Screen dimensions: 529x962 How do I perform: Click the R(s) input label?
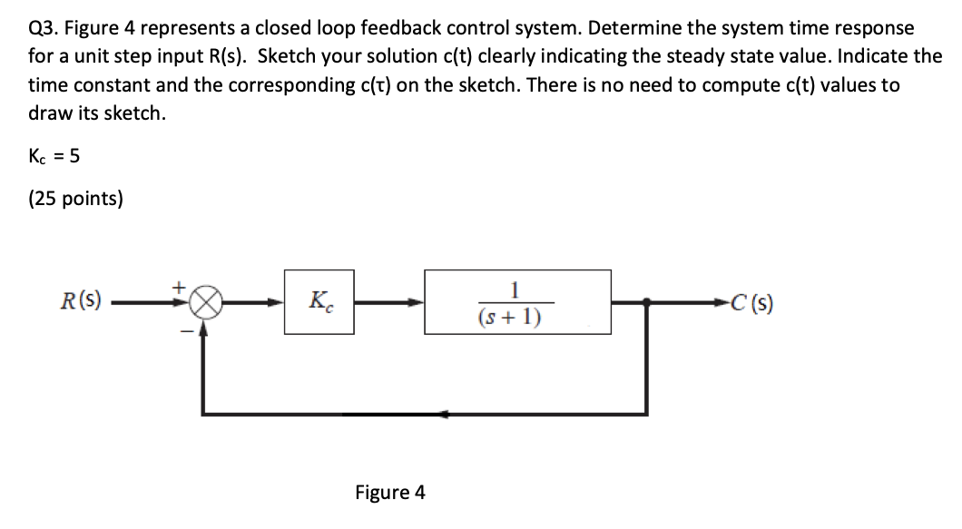click(x=80, y=298)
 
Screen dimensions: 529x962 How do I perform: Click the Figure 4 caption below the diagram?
click(x=389, y=493)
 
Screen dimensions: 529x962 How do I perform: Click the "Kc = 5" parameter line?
click(x=54, y=156)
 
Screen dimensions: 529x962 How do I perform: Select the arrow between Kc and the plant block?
click(x=390, y=304)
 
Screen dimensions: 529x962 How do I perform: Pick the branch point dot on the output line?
click(x=646, y=304)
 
